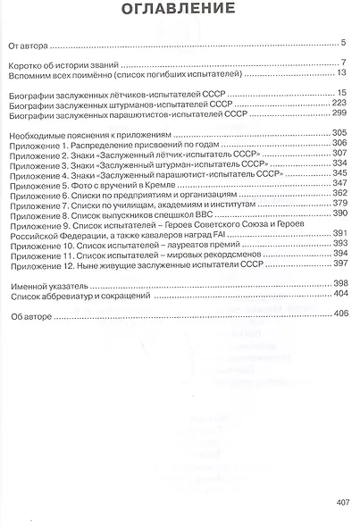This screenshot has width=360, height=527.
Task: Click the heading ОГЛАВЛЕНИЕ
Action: (180, 11)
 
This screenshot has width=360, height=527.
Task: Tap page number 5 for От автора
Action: (344, 42)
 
